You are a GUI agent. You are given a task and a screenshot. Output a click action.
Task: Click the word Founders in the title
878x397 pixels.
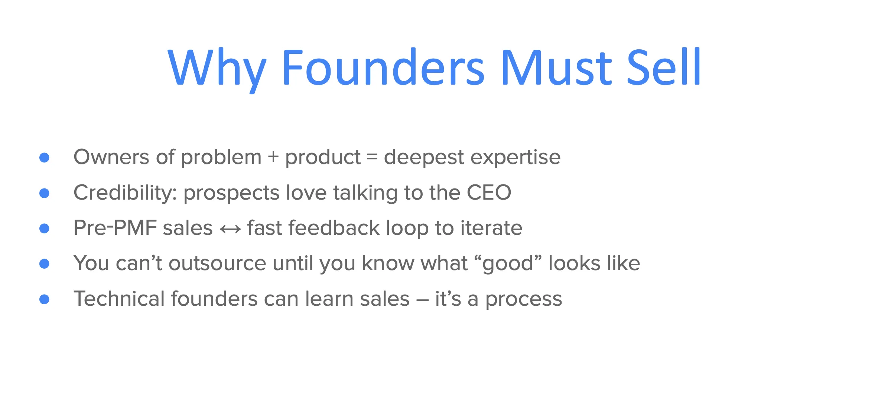click(x=383, y=68)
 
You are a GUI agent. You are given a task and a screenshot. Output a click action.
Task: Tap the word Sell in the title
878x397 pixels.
click(x=663, y=68)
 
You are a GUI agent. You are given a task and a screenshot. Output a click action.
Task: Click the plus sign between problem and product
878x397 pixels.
click(x=273, y=157)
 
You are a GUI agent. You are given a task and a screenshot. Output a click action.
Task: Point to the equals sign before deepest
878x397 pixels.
click(x=372, y=157)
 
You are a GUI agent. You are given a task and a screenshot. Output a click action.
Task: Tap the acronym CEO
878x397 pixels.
click(x=489, y=192)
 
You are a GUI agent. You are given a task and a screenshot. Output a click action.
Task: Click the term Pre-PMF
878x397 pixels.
click(x=115, y=228)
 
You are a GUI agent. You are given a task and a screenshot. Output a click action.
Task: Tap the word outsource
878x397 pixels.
click(x=217, y=263)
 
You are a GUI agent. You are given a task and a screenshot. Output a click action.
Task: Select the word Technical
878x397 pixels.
click(x=119, y=299)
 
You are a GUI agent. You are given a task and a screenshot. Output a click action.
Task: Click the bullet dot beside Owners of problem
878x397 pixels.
click(x=45, y=158)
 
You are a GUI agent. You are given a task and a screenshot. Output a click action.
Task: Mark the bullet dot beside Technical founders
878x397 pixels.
click(x=45, y=299)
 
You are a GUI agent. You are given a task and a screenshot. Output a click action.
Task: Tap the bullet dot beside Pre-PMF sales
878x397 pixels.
click(x=45, y=228)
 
